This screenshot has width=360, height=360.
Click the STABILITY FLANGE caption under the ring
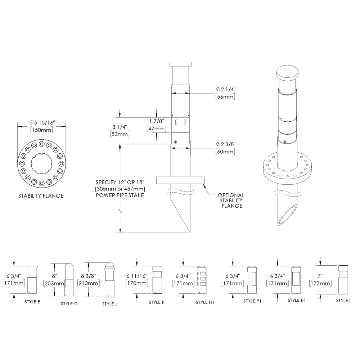41,196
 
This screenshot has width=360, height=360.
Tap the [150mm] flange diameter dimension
42,130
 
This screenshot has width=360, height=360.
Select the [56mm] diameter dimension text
225,97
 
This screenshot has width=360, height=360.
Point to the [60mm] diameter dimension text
225,152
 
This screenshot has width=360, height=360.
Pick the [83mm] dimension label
120,134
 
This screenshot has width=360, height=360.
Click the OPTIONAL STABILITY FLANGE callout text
231,201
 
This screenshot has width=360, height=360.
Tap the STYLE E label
32,301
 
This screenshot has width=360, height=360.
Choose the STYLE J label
110,304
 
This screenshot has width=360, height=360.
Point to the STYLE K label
157,302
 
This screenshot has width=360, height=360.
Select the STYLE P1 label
252,301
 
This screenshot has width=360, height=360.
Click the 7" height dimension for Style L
320,276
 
